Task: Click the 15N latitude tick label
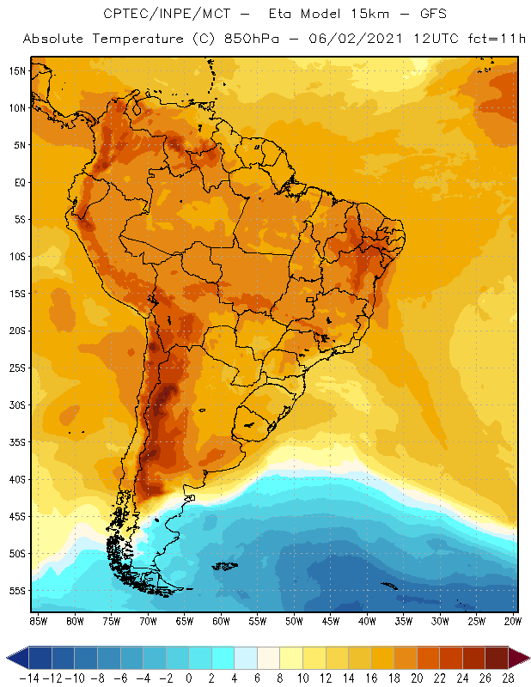point(16,70)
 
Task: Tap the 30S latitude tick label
point(16,404)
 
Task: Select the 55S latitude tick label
point(16,590)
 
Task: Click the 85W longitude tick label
point(39,621)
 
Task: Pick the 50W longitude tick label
point(295,621)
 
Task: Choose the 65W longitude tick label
point(185,621)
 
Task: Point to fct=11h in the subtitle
point(496,40)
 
